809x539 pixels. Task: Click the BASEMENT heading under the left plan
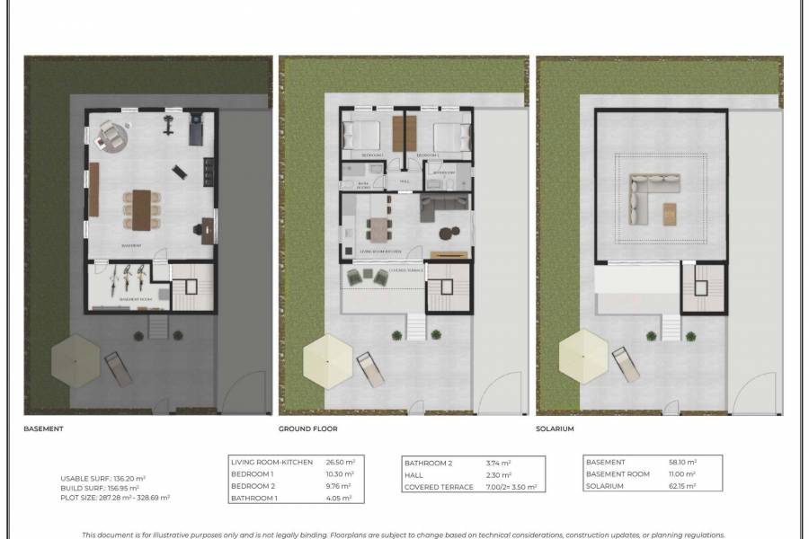click(43, 429)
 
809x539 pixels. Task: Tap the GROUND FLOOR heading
click(307, 429)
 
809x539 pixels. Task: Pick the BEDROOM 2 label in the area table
click(254, 486)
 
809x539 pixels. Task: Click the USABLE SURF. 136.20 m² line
click(103, 479)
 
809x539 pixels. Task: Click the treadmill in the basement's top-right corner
click(197, 130)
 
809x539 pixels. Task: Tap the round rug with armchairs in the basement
click(112, 137)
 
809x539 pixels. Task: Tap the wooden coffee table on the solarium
click(671, 212)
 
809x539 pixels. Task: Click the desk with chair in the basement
click(205, 228)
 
